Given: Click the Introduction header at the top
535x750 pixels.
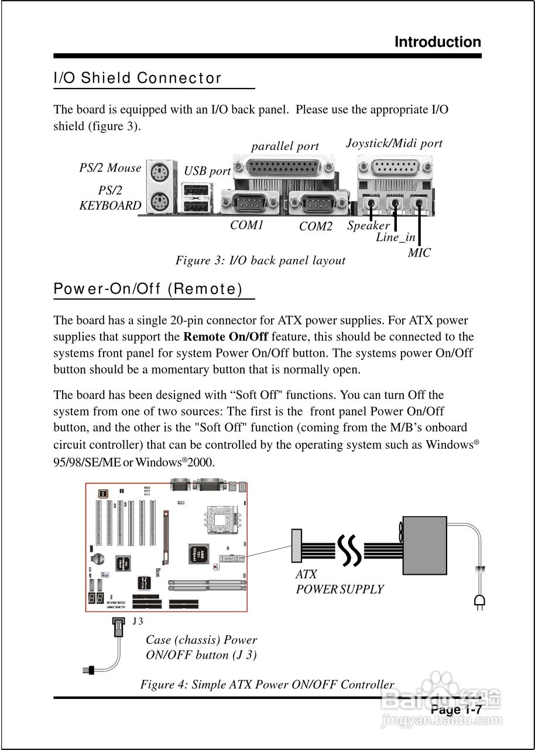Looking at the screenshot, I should [437, 42].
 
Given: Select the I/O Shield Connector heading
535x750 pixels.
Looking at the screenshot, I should [138, 78].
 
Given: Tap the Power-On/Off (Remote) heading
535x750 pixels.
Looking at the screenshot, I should [148, 289].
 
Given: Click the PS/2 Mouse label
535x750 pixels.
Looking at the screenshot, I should [110, 168].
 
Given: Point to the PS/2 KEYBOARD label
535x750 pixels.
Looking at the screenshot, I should [110, 198].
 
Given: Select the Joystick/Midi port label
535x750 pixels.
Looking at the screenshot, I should [394, 143].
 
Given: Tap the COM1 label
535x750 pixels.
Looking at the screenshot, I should [246, 225].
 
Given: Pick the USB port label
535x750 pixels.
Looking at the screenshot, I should [207, 171].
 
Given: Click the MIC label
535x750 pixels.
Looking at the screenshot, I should [419, 253].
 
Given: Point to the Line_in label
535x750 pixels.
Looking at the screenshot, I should [395, 237].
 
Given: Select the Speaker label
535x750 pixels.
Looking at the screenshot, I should [368, 226].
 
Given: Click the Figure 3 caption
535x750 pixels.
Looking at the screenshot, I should [260, 260].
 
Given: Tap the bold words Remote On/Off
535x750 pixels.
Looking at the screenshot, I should [225, 337].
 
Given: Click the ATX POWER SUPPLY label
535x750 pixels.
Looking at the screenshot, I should [339, 582].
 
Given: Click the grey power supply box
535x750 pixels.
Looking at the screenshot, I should [424, 546].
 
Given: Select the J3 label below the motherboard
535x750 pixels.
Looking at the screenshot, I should [137, 621].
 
